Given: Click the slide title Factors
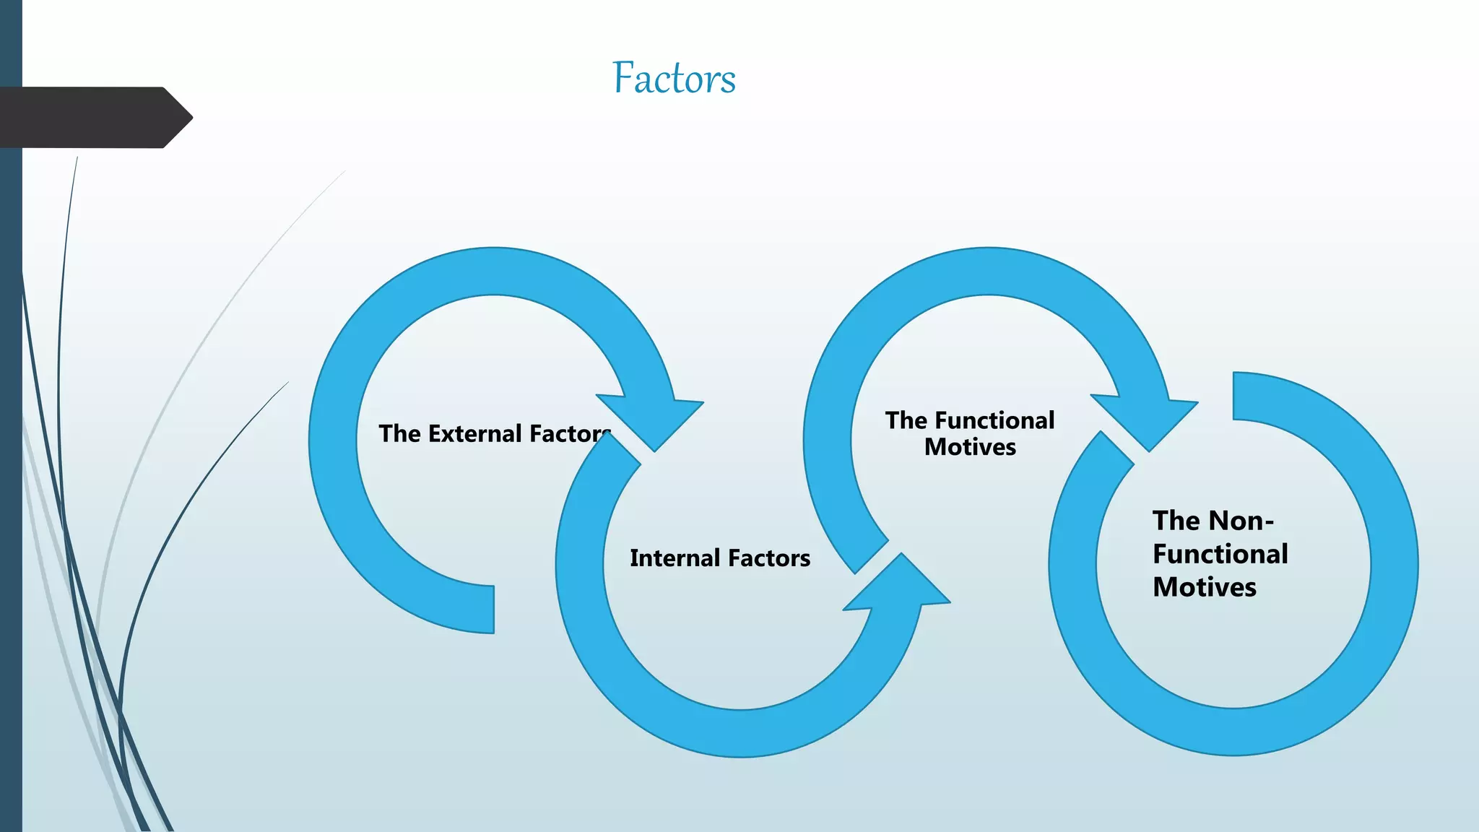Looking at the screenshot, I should [x=674, y=78].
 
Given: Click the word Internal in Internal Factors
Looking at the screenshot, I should [x=675, y=558].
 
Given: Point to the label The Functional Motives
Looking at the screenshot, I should [x=970, y=433].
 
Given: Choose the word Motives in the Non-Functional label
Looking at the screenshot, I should [x=1204, y=587].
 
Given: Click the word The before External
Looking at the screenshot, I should [x=399, y=433].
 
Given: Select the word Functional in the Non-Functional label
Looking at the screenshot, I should [x=1220, y=554].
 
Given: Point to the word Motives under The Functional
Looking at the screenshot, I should [x=970, y=447].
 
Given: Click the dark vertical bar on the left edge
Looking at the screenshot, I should [x=11, y=469].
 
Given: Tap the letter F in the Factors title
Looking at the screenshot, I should [x=623, y=78].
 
